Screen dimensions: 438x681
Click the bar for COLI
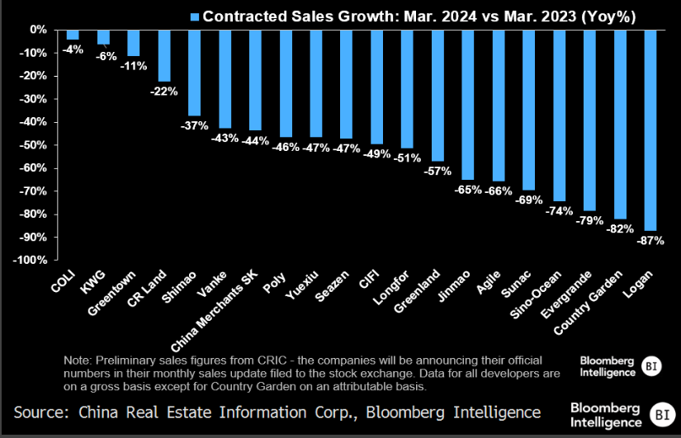point(73,34)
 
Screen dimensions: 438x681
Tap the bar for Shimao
point(195,72)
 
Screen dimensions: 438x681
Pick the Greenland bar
point(437,95)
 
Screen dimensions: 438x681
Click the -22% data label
point(162,91)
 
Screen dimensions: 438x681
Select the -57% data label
point(437,171)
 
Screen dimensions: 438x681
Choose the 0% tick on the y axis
point(37,30)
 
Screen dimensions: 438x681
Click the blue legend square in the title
point(195,16)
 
